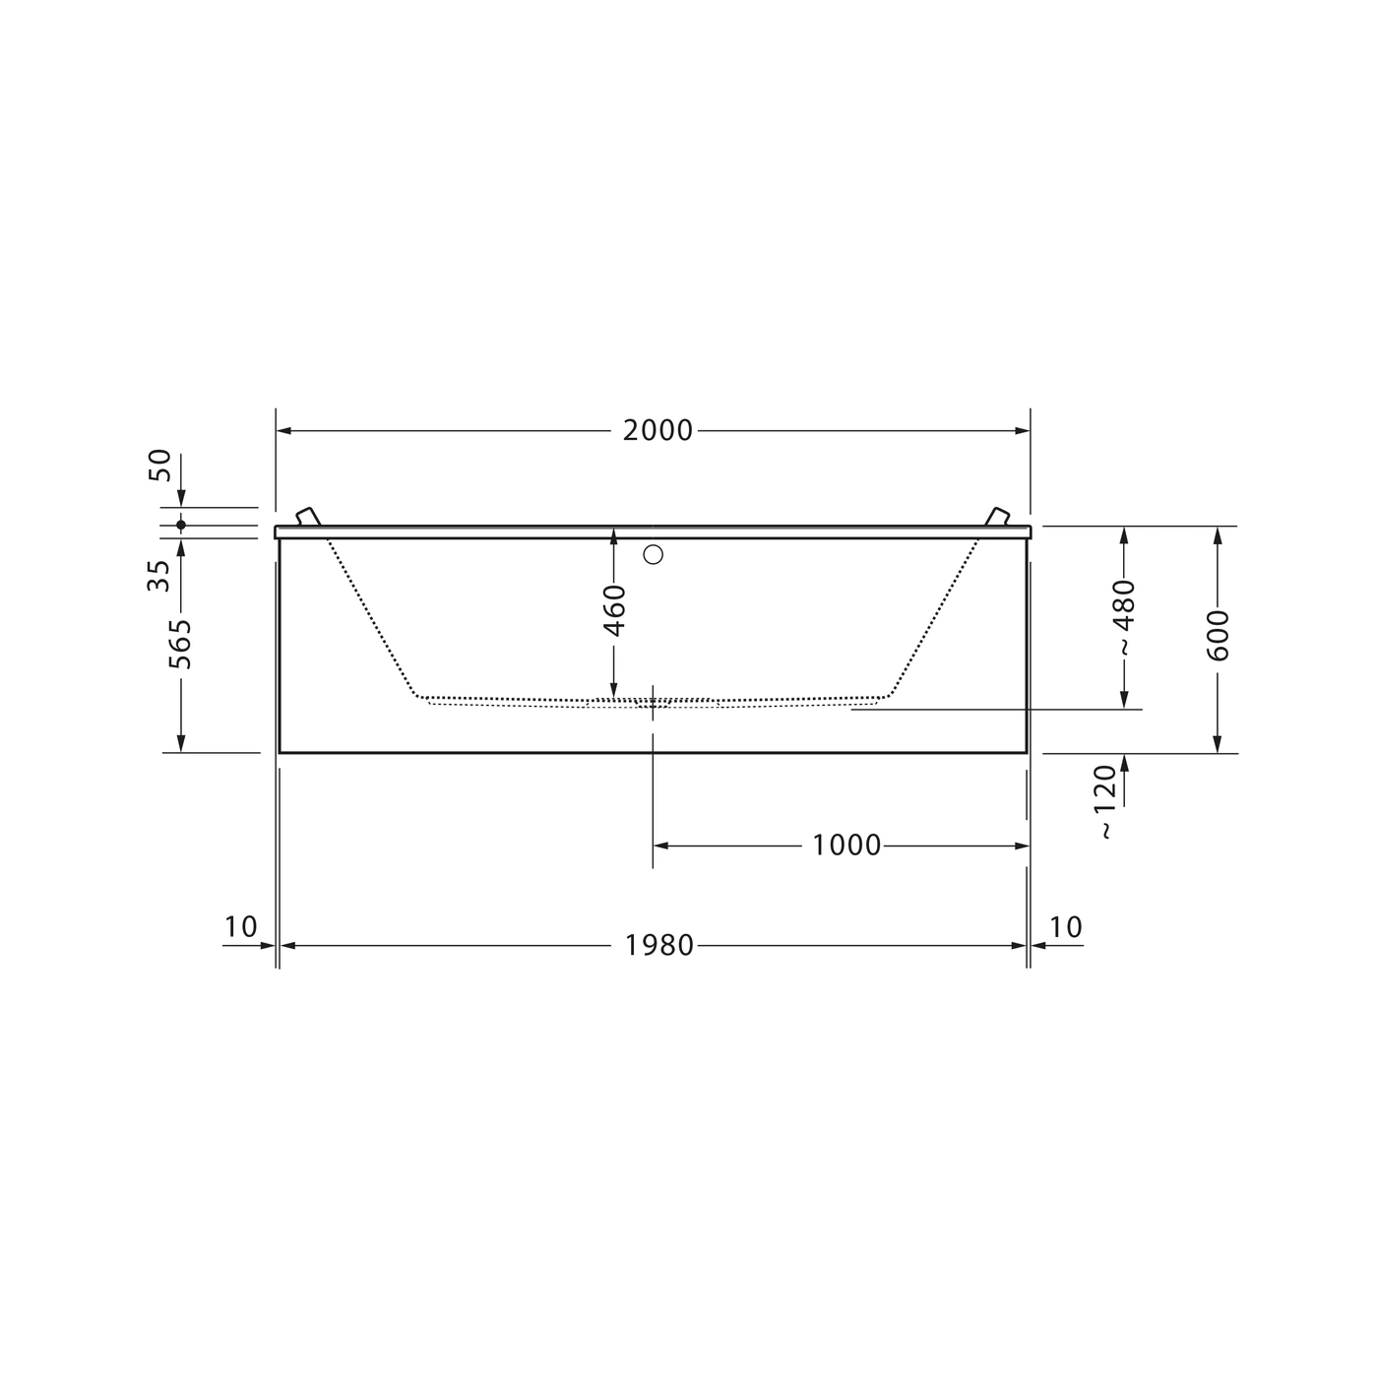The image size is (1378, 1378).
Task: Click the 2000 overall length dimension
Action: coord(658,430)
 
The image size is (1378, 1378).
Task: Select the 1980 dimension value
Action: coord(658,945)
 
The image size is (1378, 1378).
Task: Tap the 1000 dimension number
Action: coord(846,846)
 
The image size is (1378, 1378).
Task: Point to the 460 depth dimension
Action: coord(614,610)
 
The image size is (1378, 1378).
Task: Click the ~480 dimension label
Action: coord(1123,617)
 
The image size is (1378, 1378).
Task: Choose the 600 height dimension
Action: coord(1218,635)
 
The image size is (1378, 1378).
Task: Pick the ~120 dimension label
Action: coord(1105,801)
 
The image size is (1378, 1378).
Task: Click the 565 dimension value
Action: coord(180,645)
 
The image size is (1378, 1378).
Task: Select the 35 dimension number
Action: coord(158,576)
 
